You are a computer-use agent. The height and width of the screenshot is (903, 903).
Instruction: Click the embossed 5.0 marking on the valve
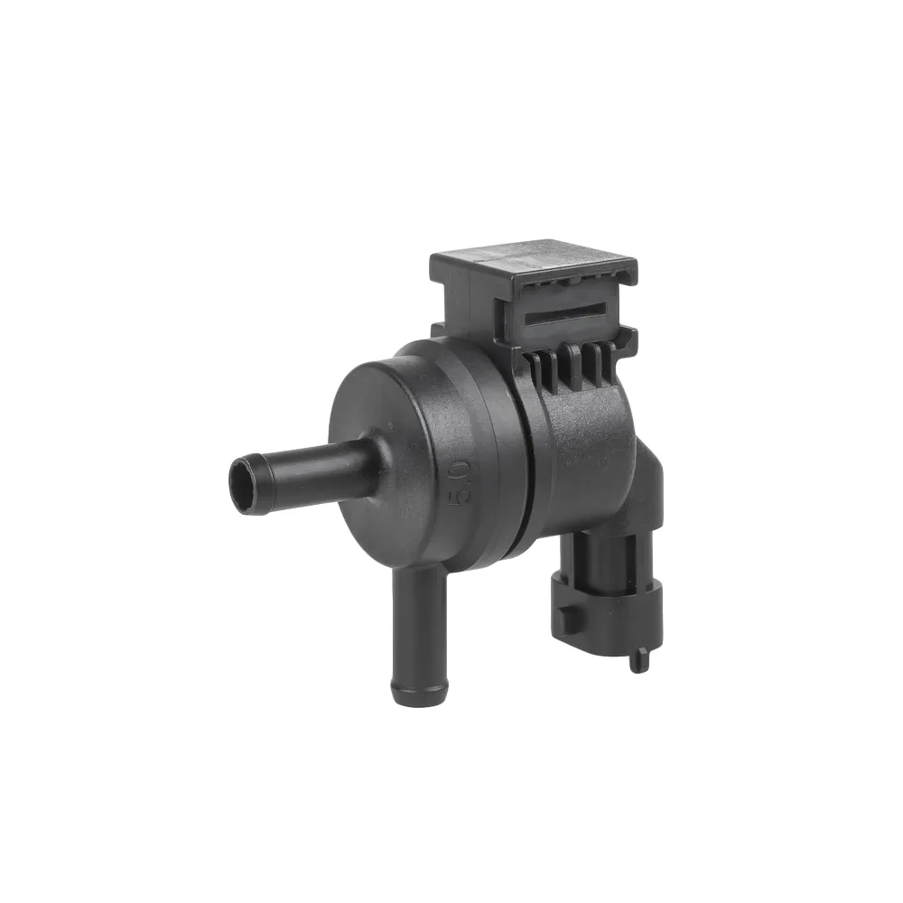click(464, 480)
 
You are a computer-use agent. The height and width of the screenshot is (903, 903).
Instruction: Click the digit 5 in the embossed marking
click(464, 493)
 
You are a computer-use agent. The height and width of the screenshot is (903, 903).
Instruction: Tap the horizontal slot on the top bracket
click(564, 314)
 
